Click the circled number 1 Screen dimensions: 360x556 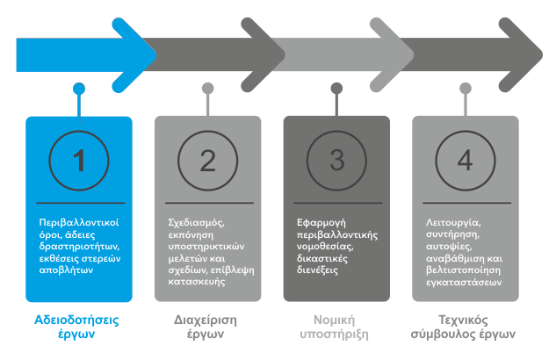(79, 161)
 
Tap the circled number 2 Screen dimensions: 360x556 (207, 161)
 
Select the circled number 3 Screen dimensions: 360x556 (336, 161)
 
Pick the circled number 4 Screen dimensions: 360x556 (465, 161)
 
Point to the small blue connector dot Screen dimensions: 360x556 (79, 88)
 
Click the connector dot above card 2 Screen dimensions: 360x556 (207, 88)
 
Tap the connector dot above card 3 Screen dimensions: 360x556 (336, 88)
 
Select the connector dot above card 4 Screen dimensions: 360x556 (465, 88)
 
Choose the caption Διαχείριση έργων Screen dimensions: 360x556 (206, 327)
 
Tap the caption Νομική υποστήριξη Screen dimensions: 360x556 (336, 327)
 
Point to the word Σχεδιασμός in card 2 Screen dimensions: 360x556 (196, 223)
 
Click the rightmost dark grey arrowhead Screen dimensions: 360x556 (518, 53)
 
